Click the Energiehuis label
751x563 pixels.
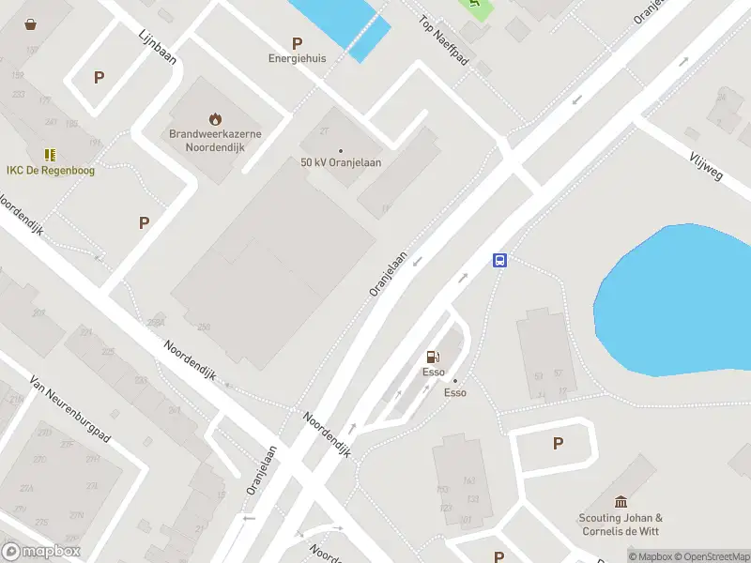[x=298, y=58]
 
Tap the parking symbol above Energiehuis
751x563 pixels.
[x=298, y=42]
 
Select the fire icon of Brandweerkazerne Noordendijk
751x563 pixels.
[x=215, y=118]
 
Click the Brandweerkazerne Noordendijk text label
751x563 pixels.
[x=215, y=140]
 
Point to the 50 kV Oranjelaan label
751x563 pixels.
[x=341, y=162]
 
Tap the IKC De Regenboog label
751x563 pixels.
[x=51, y=170]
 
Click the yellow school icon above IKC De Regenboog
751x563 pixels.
[x=50, y=154]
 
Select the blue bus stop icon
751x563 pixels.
[x=500, y=261]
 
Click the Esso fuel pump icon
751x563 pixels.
[x=433, y=356]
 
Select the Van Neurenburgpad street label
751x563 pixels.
[x=70, y=409]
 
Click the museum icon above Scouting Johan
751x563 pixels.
[x=620, y=502]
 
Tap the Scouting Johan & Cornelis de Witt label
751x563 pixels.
[x=620, y=525]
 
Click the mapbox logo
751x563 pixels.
[x=41, y=552]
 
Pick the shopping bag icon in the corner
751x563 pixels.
[x=31, y=24]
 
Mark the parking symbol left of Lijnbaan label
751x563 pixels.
[x=99, y=78]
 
